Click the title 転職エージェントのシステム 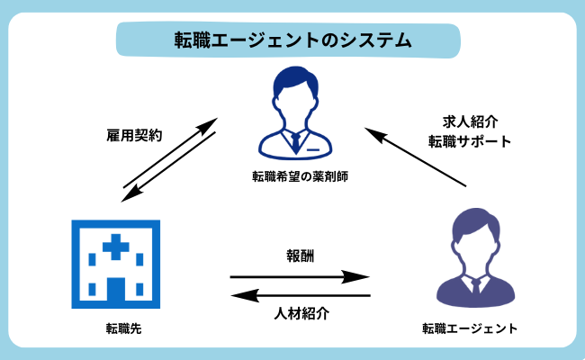click(292, 40)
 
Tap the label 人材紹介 click(300, 314)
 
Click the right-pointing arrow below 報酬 click(299, 276)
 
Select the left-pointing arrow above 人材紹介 click(299, 295)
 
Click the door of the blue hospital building click(115, 290)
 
